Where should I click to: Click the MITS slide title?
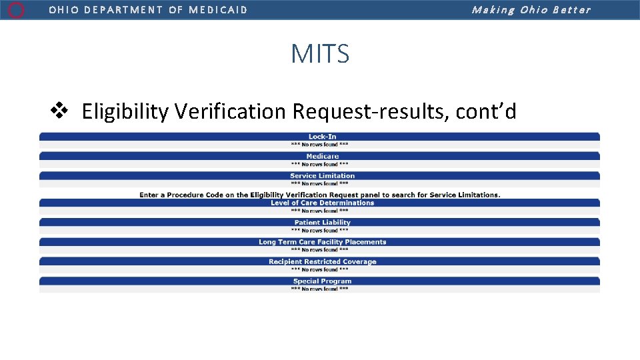(x=320, y=53)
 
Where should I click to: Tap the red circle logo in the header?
(x=17, y=10)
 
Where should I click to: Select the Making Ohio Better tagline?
(x=531, y=10)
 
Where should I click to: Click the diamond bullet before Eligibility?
(x=60, y=111)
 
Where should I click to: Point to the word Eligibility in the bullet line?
(x=125, y=111)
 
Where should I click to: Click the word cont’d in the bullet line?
(x=486, y=111)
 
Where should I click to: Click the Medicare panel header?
(x=322, y=156)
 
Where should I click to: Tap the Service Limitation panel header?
(x=322, y=176)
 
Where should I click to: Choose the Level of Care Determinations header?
(x=322, y=203)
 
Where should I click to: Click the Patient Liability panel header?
(x=322, y=223)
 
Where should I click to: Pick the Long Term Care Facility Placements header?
(x=322, y=242)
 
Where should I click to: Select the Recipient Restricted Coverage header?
(x=322, y=261)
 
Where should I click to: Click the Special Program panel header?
(x=322, y=281)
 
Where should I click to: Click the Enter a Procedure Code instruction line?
(x=319, y=195)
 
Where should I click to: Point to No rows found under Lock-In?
(x=319, y=145)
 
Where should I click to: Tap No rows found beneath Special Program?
(x=319, y=289)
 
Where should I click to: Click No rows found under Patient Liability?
(x=319, y=231)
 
